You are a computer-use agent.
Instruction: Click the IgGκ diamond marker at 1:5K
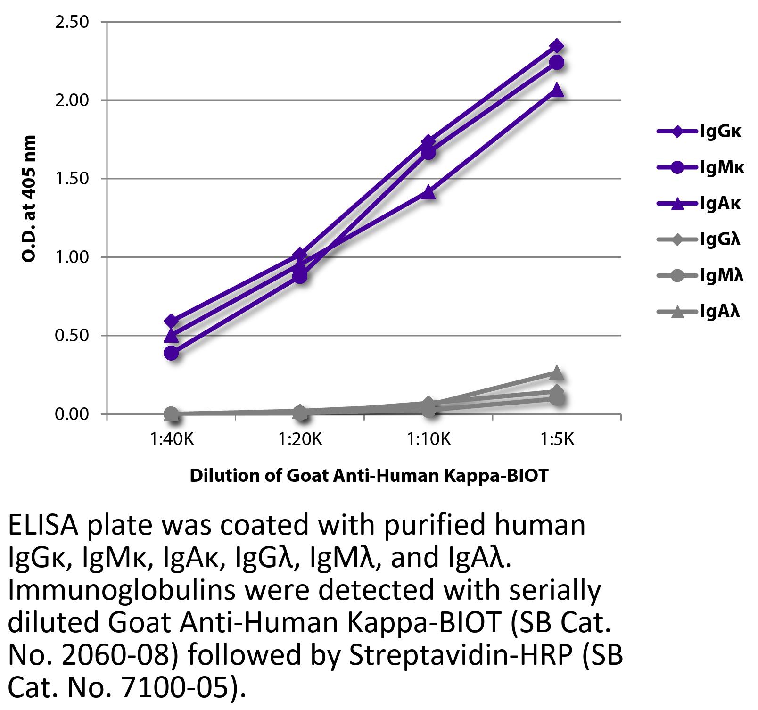coord(557,46)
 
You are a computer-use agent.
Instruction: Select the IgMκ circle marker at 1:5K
coord(557,63)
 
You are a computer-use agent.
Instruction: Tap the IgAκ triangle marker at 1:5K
coord(557,90)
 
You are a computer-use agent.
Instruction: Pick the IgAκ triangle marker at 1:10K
coord(428,192)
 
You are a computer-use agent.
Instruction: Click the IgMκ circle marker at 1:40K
coord(172,353)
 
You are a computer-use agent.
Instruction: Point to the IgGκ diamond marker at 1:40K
coord(172,322)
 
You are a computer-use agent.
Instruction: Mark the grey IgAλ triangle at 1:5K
coord(557,373)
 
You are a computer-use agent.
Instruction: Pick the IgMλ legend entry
coord(700,275)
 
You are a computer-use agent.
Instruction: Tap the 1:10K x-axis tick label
coord(428,440)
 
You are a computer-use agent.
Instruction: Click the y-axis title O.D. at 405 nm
coord(29,198)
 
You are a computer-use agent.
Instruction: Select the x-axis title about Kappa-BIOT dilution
coord(369,476)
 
